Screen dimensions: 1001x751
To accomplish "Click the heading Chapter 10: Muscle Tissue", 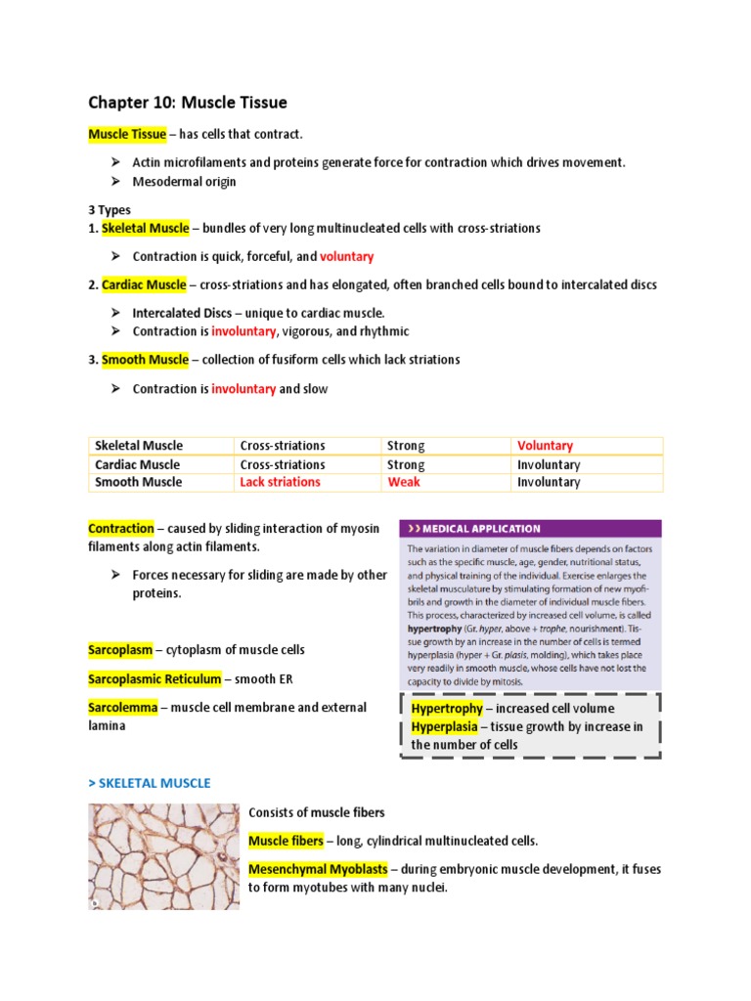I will point(188,102).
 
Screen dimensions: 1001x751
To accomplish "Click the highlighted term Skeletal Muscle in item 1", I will point(145,228).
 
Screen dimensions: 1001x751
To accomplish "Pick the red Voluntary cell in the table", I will point(545,446).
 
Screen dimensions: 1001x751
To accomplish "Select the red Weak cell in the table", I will point(403,482).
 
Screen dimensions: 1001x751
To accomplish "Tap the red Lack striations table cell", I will point(280,482).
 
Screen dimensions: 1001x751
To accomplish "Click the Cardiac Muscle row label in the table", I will point(137,464).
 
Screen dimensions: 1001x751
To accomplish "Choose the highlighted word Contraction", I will point(121,528).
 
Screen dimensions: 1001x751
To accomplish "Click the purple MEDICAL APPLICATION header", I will point(529,529).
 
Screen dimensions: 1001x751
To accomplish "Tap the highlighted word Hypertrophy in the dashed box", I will point(447,708).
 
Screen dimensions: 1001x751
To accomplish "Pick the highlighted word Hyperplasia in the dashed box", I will point(445,726).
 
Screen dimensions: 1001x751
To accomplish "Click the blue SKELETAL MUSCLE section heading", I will point(149,783).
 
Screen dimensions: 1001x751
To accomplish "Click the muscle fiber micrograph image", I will point(163,856).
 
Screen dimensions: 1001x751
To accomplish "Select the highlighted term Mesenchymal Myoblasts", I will point(319,869).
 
